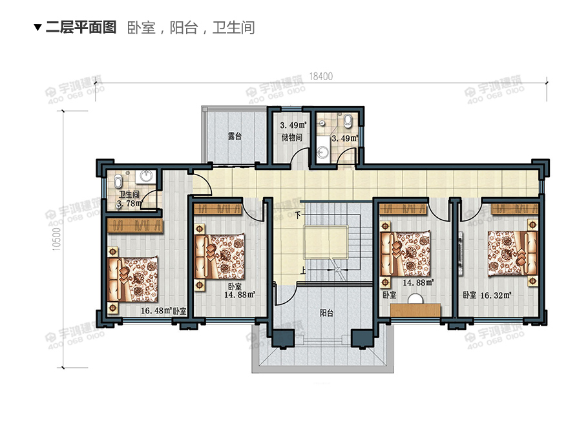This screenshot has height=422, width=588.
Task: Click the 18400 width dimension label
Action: (x=320, y=76)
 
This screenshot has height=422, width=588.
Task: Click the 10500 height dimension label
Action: (x=56, y=238)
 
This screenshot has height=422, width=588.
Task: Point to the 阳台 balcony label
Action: (x=327, y=313)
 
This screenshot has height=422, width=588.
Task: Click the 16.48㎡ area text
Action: (x=156, y=311)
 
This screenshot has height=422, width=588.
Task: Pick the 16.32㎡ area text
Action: (x=496, y=295)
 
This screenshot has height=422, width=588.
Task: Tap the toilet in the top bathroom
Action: (x=348, y=120)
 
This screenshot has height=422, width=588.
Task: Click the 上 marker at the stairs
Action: (x=303, y=270)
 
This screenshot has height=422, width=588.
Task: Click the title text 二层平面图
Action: (x=81, y=27)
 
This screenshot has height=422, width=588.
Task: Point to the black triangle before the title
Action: (x=37, y=28)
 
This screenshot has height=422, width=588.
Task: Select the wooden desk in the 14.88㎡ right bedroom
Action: (x=415, y=309)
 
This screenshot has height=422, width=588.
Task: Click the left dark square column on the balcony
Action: (x=282, y=339)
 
